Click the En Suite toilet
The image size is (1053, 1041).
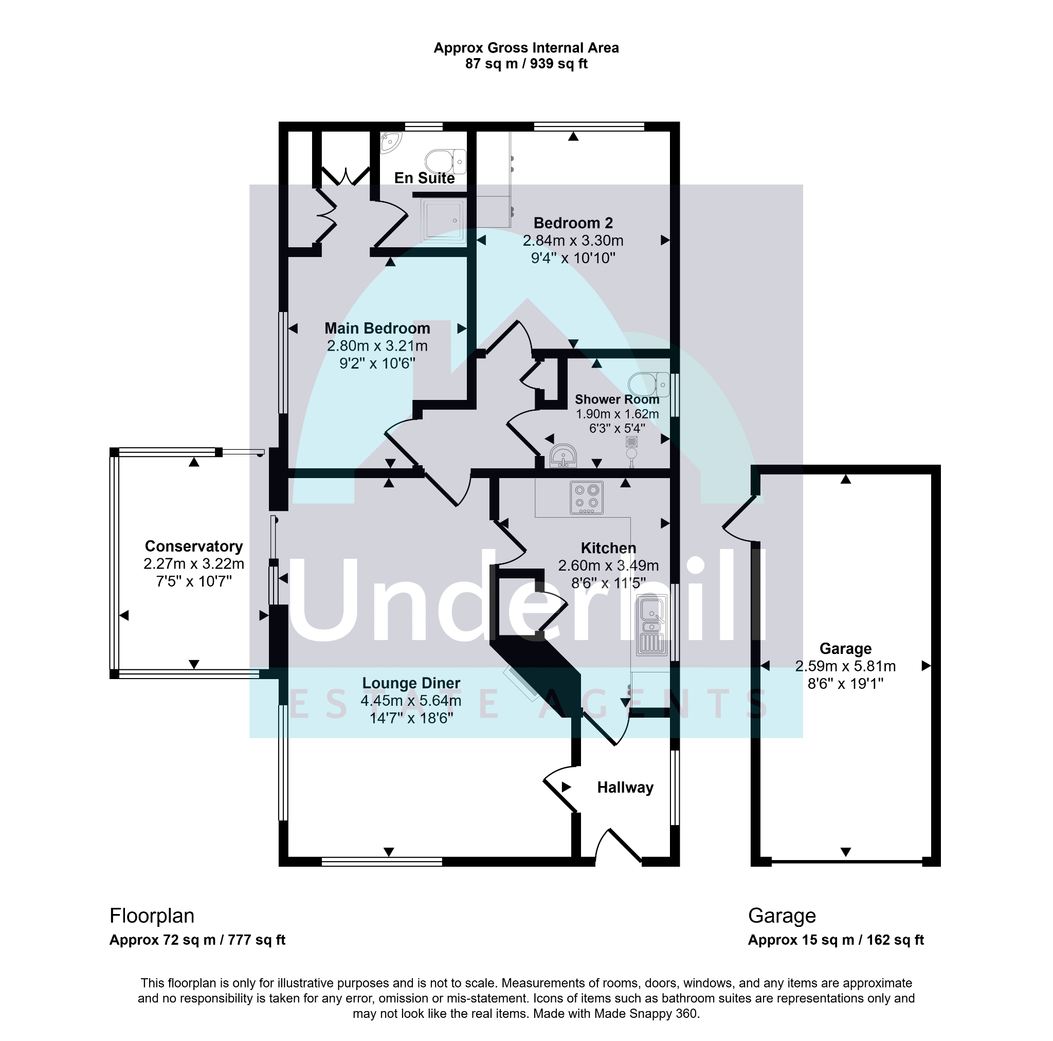coord(445,161)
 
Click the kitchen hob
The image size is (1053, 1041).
coord(587,498)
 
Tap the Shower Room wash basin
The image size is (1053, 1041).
coord(563,456)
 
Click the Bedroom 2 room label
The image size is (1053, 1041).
coord(573,223)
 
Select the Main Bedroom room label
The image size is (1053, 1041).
coord(377,328)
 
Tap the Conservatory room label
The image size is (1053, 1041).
coord(194,546)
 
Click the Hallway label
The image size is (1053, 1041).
coord(625,788)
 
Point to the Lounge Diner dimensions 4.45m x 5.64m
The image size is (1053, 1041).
coord(411,700)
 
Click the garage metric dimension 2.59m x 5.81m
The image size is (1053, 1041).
coord(845,666)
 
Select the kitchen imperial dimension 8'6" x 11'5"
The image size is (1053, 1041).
coord(608,583)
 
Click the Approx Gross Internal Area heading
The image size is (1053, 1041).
coord(526,48)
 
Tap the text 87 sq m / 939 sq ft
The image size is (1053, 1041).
coord(526,64)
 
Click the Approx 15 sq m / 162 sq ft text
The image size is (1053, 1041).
coord(836,940)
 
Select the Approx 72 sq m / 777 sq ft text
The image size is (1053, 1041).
coord(197,940)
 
